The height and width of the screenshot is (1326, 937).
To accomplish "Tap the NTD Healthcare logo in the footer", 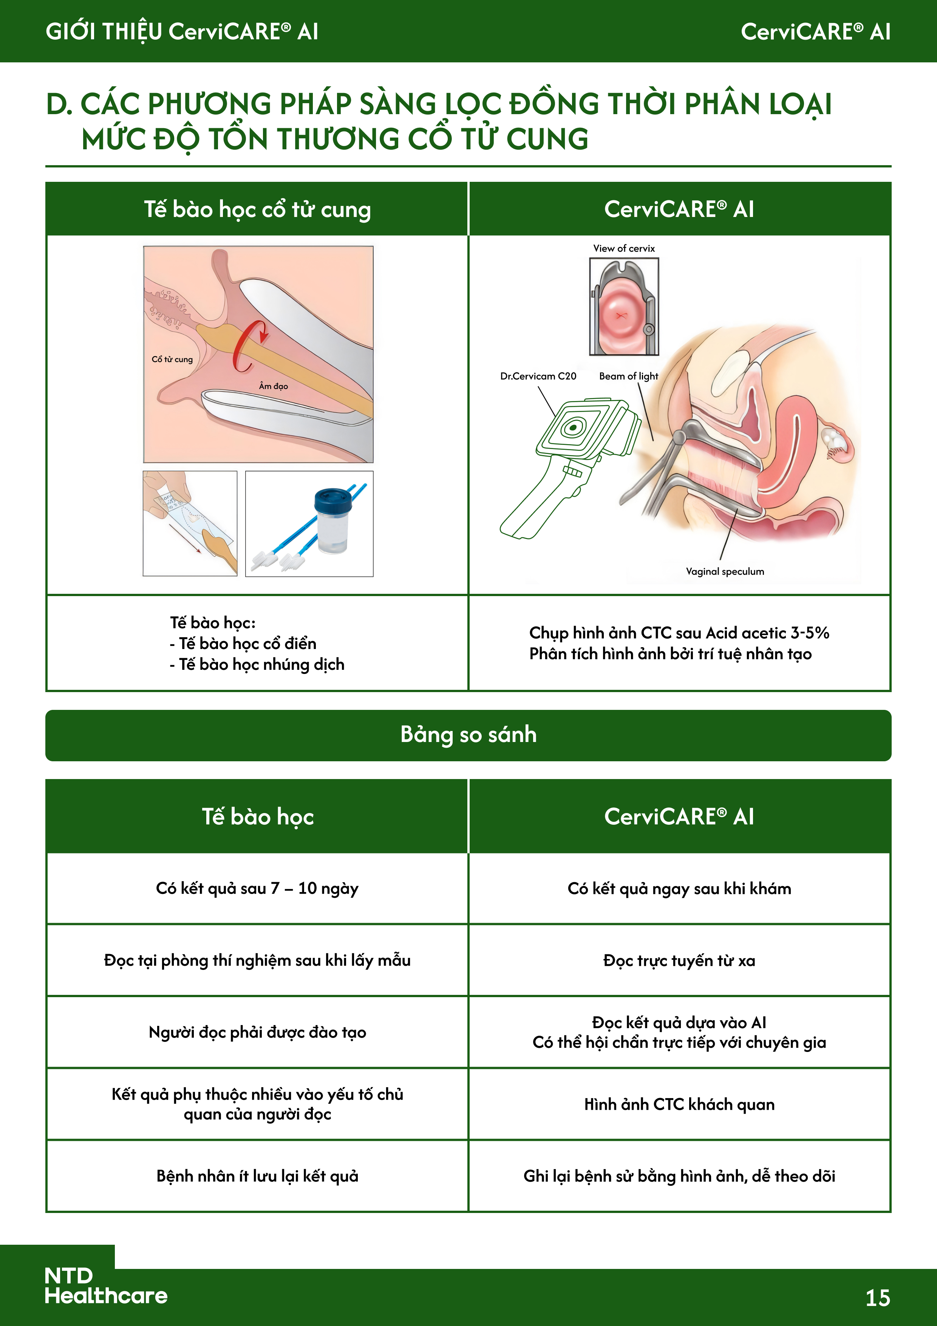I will tap(106, 1285).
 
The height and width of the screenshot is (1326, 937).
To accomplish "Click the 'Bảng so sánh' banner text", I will tap(468, 734).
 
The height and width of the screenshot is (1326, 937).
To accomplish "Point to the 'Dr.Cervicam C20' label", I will tap(538, 376).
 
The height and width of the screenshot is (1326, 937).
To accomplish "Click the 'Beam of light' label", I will tap(628, 376).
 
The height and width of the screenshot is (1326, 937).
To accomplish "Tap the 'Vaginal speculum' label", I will tap(725, 571).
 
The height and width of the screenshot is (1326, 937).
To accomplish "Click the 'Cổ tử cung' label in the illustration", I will tap(172, 359).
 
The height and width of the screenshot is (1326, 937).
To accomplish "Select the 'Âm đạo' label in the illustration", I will tap(273, 386).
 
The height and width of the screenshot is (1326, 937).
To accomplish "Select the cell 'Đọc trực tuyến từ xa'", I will tap(679, 960).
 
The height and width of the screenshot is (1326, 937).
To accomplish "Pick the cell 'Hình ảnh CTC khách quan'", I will tap(679, 1104).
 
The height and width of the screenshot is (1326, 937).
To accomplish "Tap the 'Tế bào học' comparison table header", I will tap(258, 816).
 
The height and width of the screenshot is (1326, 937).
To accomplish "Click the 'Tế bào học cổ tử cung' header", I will tap(258, 209).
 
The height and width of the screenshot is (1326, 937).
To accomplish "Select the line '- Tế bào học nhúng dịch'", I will tap(258, 664).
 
